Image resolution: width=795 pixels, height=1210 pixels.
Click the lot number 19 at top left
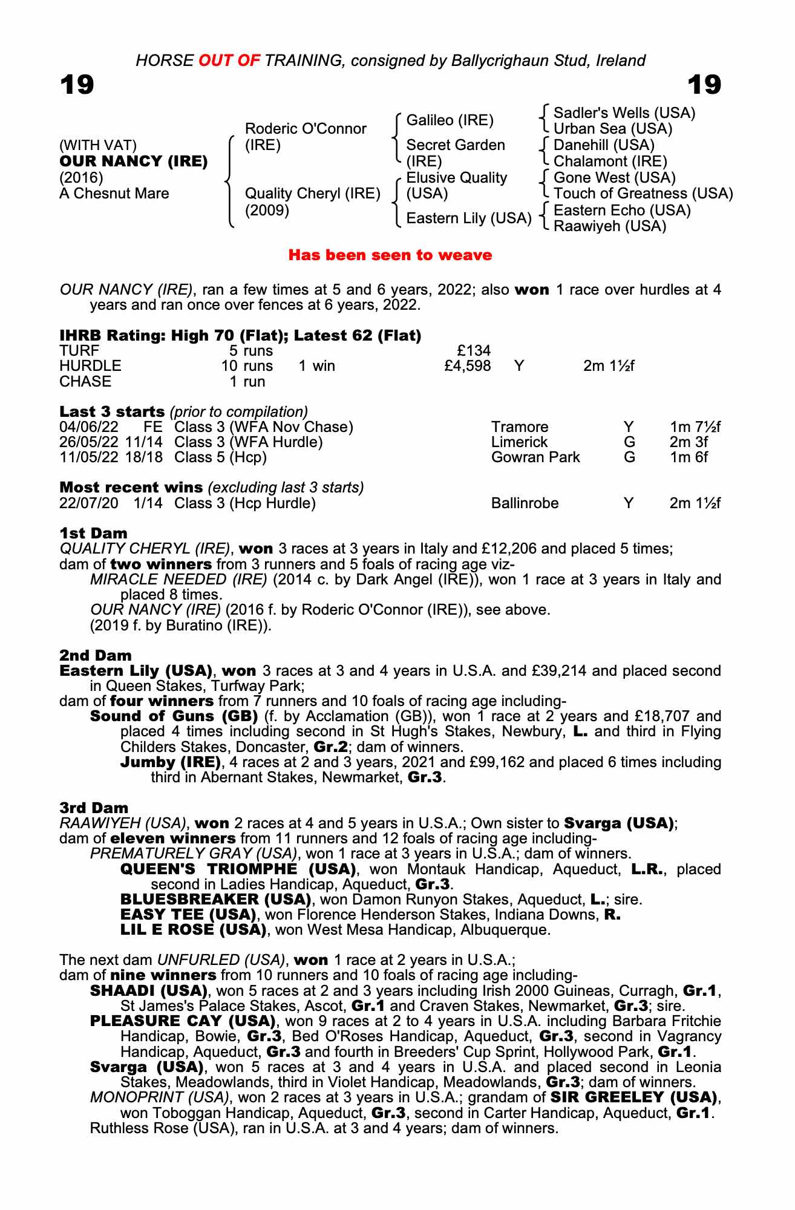77,85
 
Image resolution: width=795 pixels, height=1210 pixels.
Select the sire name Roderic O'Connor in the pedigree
306,129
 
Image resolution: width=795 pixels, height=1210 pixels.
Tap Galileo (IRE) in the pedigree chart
450,120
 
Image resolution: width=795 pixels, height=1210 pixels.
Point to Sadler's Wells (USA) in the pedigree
624,113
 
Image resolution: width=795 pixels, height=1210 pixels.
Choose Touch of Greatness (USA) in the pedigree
643,194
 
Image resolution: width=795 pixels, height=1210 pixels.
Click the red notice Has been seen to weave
390,255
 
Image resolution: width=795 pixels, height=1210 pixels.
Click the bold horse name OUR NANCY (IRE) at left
133,162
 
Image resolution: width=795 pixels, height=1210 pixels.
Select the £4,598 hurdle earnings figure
467,366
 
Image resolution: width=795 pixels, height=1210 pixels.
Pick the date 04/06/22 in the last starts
88,427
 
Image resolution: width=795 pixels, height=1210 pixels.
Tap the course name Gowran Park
535,457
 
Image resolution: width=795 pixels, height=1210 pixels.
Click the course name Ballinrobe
525,503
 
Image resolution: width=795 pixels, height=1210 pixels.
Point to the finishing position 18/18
144,457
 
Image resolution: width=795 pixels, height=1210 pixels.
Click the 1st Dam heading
94,533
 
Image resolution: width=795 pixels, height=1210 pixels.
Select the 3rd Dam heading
94,808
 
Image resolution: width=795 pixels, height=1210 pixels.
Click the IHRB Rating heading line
240,335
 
